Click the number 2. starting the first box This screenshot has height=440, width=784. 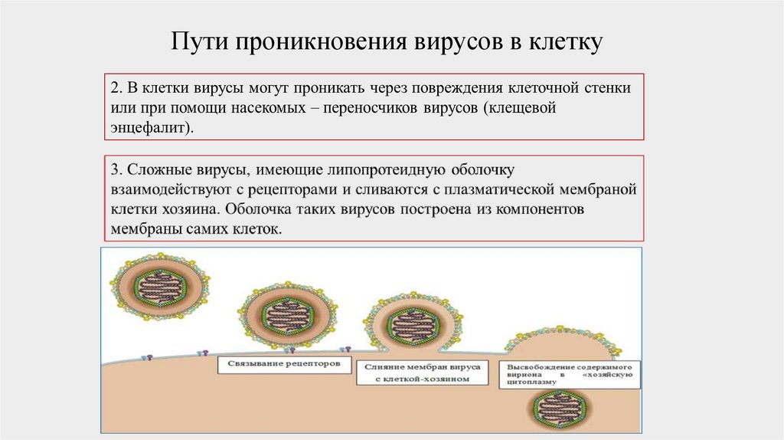coord(116,88)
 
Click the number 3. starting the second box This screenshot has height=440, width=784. coord(116,169)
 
